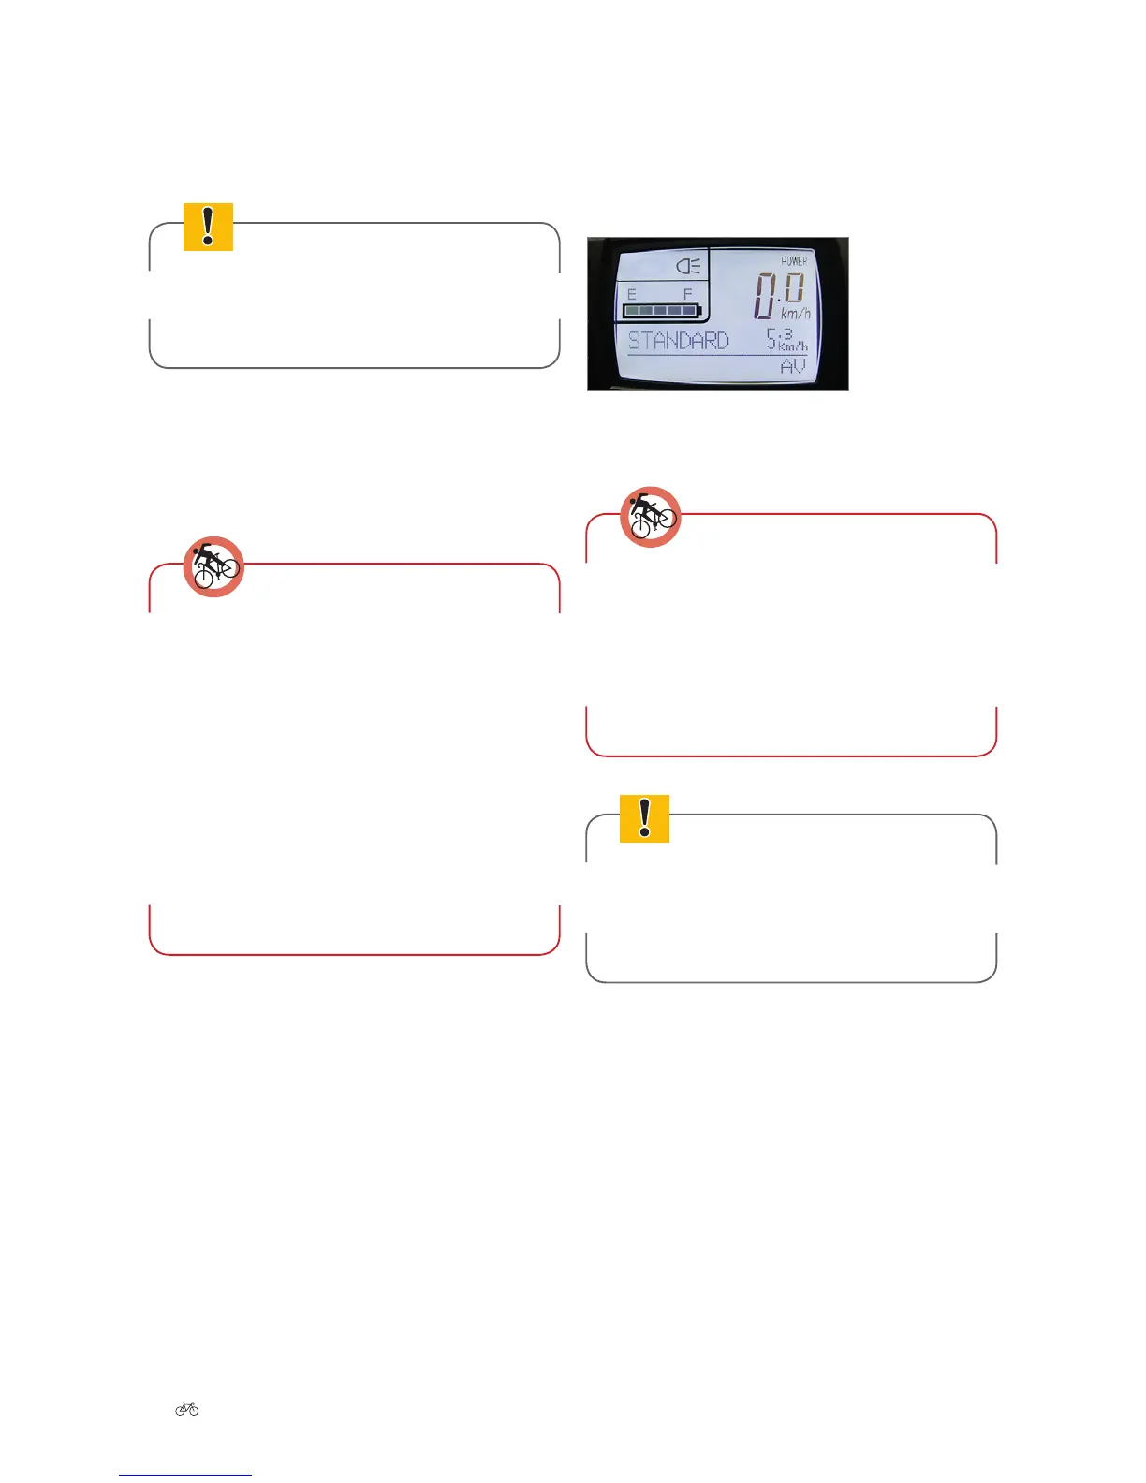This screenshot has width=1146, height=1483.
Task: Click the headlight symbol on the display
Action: (x=688, y=267)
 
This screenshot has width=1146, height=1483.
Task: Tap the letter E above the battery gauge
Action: (x=632, y=294)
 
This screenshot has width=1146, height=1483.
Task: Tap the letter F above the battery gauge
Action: (x=688, y=294)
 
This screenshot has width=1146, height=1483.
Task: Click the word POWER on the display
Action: (x=794, y=260)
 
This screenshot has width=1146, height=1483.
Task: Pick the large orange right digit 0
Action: (x=794, y=288)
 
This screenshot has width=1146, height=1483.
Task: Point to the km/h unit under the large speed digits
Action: (x=796, y=314)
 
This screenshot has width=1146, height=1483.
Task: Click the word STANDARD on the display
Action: (x=678, y=340)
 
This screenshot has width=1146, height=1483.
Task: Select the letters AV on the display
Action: (x=792, y=366)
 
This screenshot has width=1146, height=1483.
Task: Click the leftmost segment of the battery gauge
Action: (x=633, y=311)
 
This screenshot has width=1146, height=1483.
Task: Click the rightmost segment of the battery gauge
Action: (x=688, y=311)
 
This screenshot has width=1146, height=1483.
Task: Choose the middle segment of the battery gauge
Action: (x=661, y=311)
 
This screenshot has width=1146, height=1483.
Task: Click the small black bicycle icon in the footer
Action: (x=187, y=1408)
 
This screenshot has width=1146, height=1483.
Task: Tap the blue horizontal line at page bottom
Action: (x=185, y=1475)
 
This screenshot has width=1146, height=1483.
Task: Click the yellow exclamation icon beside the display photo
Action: (x=208, y=227)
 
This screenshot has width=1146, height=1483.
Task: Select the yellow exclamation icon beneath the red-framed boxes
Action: (x=644, y=818)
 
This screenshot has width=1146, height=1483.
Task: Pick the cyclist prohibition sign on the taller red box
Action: (x=213, y=567)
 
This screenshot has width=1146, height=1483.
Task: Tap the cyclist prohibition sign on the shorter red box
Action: (x=650, y=517)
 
